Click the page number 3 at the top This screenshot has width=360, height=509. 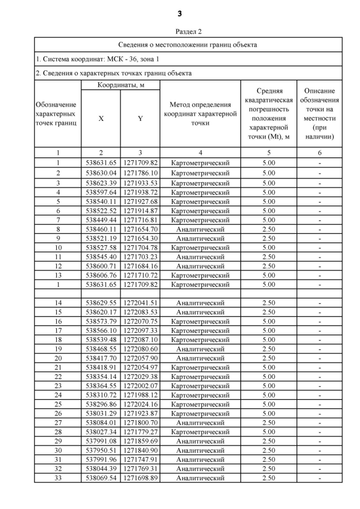[180, 13]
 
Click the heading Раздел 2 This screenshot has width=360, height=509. [180, 31]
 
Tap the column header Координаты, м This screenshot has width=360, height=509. [120, 85]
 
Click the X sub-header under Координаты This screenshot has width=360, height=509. [101, 119]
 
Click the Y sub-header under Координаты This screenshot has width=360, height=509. [140, 119]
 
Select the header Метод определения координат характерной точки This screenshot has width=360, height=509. [200, 114]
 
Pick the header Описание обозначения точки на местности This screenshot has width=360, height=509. [319, 114]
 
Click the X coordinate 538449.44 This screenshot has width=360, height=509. [101, 220]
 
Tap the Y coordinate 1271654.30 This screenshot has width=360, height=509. [140, 238]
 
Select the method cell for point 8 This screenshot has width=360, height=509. [200, 229]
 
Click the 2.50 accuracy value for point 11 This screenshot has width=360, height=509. [269, 257]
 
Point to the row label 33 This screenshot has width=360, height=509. [57, 478]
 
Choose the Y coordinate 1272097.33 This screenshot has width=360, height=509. [140, 331]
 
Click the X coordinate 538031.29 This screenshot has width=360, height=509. [101, 413]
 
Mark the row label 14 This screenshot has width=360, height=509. [57, 303]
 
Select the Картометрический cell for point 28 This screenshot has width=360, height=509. [200, 432]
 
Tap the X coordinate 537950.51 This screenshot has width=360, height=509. [101, 451]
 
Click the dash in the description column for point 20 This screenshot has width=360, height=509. [319, 358]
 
